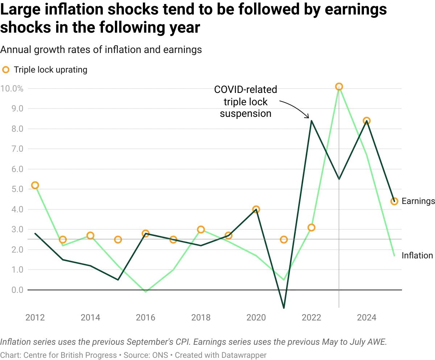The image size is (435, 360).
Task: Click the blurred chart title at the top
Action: (101, 50)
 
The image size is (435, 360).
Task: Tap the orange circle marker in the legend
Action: (6, 69)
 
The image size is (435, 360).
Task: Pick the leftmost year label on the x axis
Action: (35, 318)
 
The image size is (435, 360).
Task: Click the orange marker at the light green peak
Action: (339, 86)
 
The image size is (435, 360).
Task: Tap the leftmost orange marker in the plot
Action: (35, 185)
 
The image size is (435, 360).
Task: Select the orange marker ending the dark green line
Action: (394, 201)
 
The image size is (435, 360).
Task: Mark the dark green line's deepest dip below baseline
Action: (284, 308)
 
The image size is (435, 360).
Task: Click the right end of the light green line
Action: (394, 257)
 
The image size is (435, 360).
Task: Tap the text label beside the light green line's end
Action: (417, 255)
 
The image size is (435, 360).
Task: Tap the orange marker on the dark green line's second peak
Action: (366, 121)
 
